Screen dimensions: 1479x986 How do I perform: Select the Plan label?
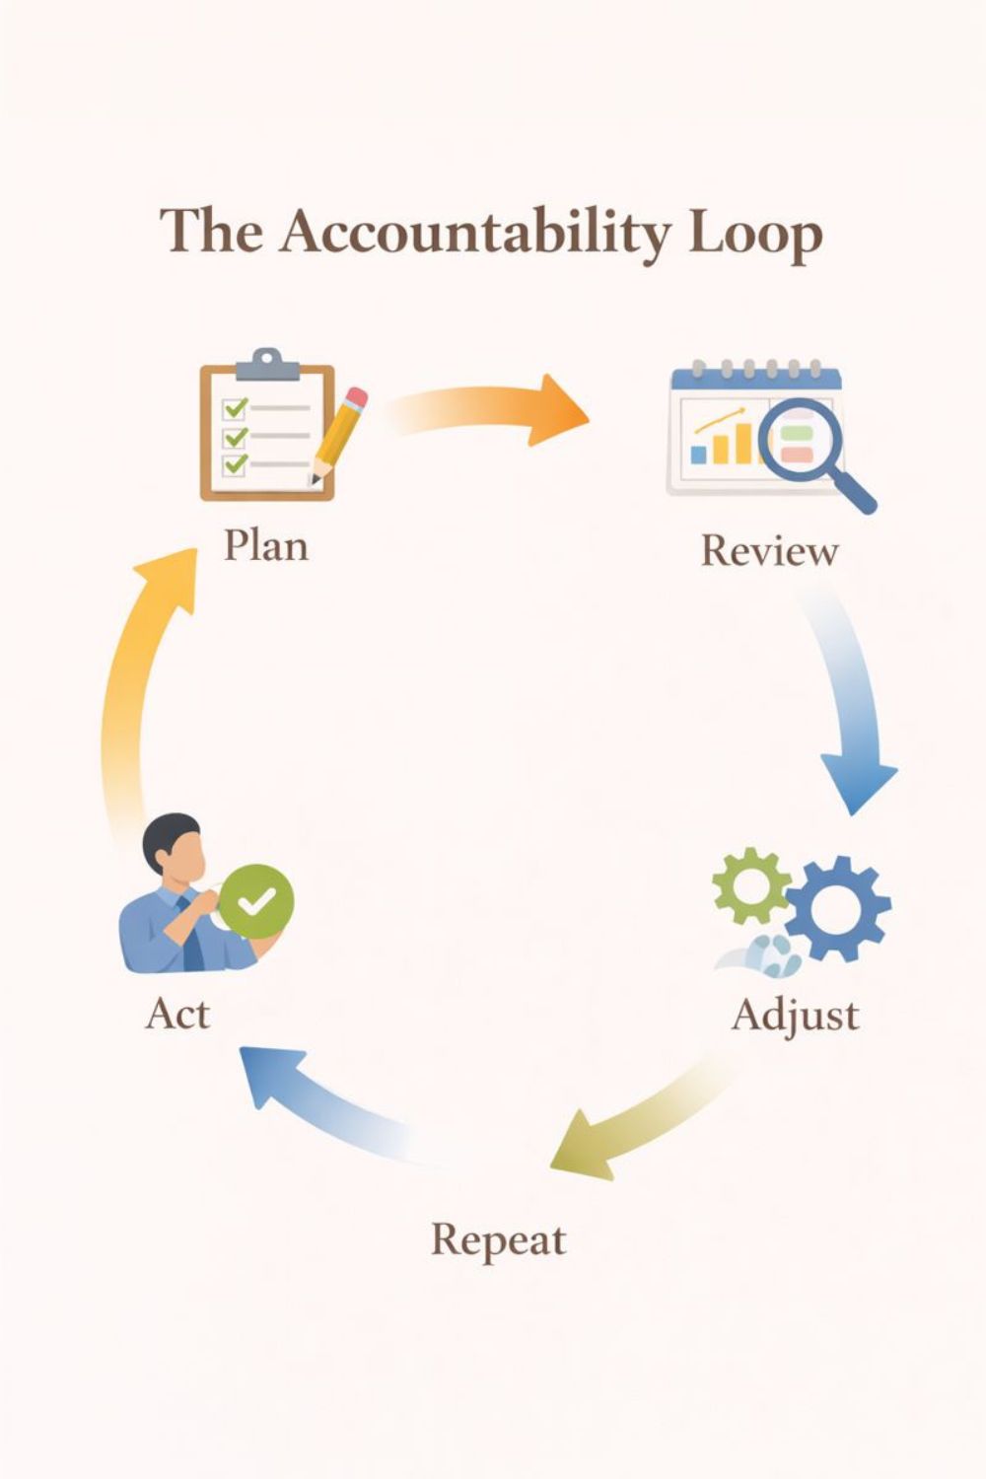tap(265, 545)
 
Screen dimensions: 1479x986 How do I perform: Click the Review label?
tap(769, 550)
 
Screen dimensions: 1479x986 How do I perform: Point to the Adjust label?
tap(795, 1015)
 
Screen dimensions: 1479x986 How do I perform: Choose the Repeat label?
tap(498, 1239)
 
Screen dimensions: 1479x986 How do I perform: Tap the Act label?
tap(177, 1013)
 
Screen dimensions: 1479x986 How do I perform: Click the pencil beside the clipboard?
tap(338, 434)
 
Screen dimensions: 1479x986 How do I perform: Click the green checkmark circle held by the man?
tap(255, 900)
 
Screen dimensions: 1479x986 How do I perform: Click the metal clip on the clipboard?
tap(266, 364)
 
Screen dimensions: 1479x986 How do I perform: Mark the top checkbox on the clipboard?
tap(235, 407)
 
